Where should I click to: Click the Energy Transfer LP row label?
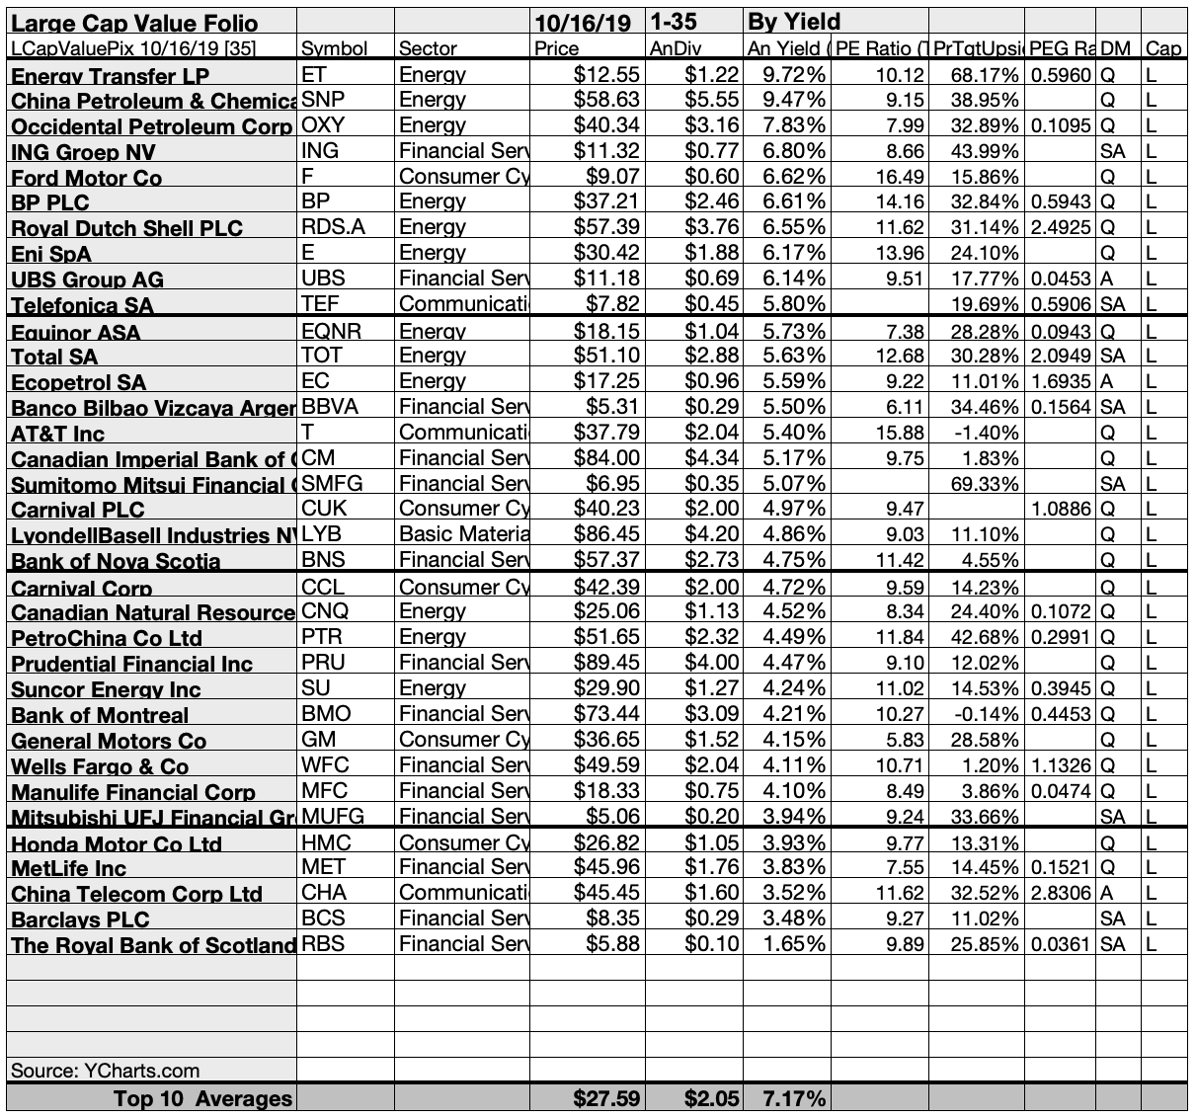(x=110, y=76)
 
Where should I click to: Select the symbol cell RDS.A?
(x=333, y=227)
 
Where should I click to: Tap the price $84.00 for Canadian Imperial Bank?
(x=606, y=458)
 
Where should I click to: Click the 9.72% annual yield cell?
(x=786, y=75)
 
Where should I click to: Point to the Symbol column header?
(x=334, y=48)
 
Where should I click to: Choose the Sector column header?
(x=428, y=48)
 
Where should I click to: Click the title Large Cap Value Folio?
(x=134, y=23)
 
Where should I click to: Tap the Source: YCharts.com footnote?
(x=105, y=1071)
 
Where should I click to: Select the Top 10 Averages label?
(x=202, y=1098)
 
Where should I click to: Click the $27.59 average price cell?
(x=606, y=1098)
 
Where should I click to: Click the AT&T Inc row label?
(x=57, y=434)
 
